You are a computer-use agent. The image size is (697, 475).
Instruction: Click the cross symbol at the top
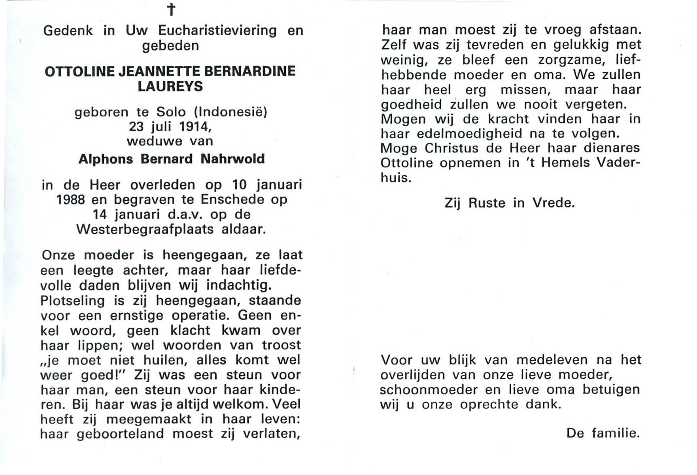coord(171,9)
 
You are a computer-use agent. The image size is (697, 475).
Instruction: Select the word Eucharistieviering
coord(217,30)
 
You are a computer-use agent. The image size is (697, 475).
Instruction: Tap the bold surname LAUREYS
coord(170,86)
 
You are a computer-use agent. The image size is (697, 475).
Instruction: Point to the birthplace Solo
coord(171,112)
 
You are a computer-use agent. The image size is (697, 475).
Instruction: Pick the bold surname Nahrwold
coord(232,159)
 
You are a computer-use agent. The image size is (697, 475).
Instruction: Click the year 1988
coord(70,199)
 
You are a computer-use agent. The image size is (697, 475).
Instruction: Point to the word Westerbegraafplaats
coord(145,230)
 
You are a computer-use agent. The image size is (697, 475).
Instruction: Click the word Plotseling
coord(73,301)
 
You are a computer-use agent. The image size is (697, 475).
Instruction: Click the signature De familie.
coord(603,433)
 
